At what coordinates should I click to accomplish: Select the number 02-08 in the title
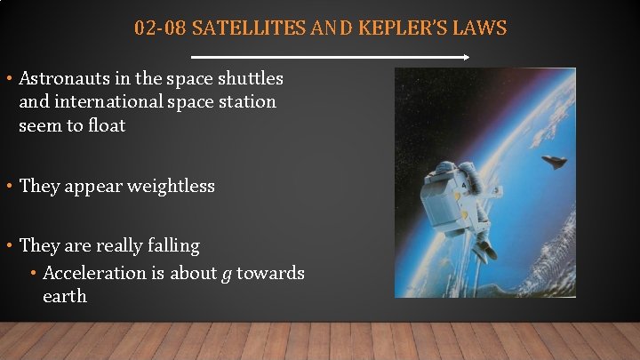160,28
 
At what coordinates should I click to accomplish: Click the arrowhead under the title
467,57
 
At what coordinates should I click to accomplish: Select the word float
106,125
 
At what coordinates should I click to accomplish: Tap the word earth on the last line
65,296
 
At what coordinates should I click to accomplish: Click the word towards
271,273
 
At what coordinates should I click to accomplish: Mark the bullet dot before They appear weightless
8,186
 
